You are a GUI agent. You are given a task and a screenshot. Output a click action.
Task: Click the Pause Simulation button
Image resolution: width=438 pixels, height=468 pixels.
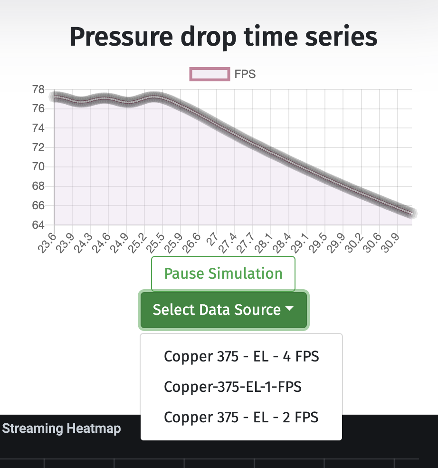[223, 273]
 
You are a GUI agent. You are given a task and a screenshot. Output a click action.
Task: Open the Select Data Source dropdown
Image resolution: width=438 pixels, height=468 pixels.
[223, 310]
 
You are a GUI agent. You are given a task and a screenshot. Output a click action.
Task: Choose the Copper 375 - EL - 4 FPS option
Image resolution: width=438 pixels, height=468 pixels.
[241, 356]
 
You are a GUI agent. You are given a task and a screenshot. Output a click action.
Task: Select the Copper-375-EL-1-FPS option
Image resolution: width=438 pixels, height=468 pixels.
[233, 387]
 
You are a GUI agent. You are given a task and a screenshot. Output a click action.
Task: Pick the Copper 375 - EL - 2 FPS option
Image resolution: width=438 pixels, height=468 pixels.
[241, 417]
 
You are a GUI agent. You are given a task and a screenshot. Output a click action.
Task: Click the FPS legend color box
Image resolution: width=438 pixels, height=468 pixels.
[209, 74]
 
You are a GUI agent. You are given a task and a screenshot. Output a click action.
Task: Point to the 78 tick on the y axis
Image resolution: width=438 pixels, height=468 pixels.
[38, 89]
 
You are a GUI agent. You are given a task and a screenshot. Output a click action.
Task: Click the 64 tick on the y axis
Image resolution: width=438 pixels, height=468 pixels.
[38, 224]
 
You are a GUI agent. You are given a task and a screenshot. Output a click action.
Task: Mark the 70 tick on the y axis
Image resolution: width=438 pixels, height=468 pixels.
[38, 166]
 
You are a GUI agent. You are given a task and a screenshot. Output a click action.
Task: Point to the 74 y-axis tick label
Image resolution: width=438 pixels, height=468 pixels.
[38, 128]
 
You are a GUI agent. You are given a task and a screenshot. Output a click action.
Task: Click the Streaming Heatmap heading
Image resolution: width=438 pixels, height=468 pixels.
[61, 429]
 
